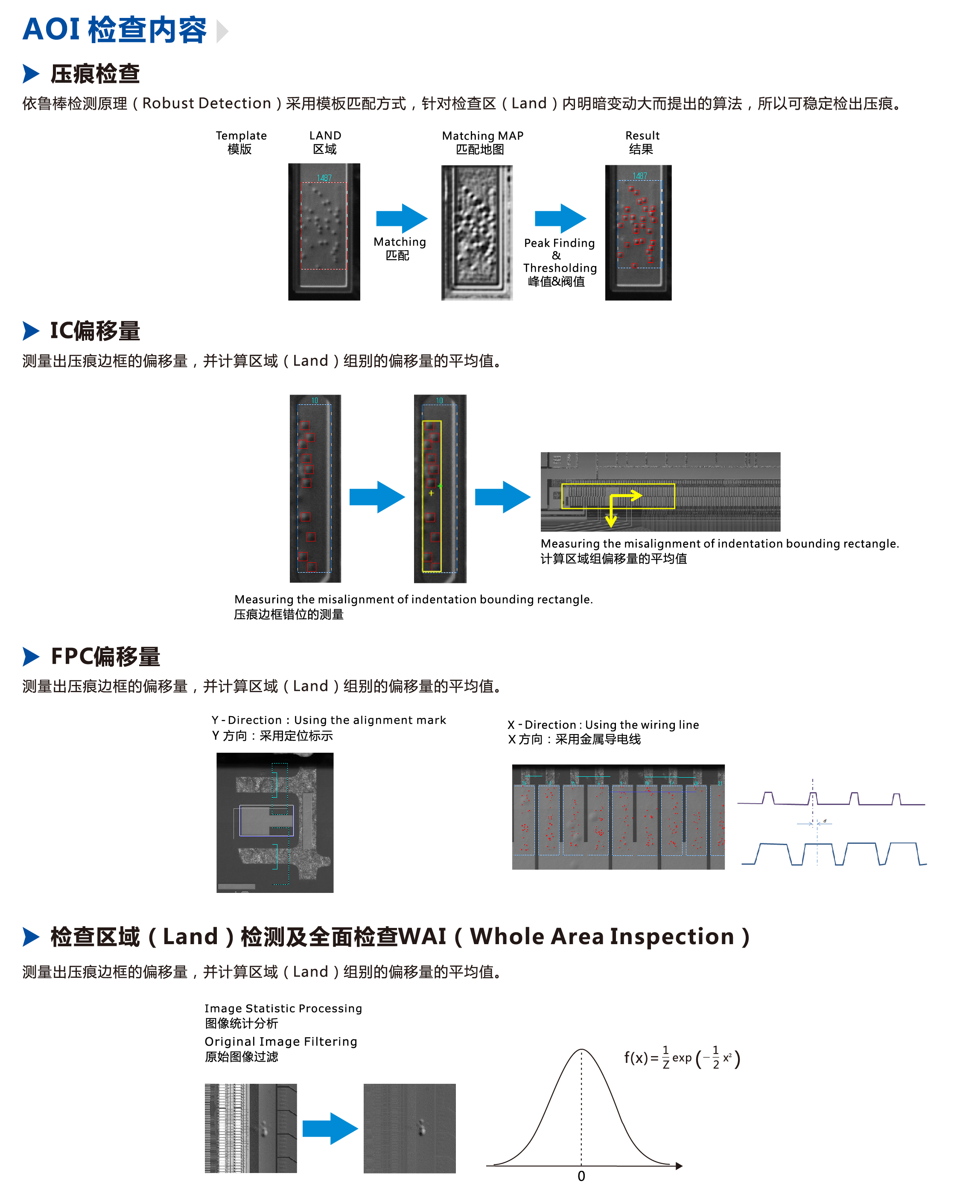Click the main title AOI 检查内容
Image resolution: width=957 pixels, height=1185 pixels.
point(115,30)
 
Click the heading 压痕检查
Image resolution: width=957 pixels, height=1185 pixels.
point(95,74)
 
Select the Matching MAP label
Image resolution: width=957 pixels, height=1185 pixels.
point(482,136)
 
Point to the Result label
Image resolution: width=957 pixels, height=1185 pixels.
point(642,136)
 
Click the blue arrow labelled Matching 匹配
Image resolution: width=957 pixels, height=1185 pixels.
point(401,218)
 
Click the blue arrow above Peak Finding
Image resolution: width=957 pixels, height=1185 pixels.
point(560,218)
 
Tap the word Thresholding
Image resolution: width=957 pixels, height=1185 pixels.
point(560,268)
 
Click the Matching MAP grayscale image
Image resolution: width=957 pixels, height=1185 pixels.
point(477,233)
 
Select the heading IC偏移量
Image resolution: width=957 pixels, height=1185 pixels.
point(95,331)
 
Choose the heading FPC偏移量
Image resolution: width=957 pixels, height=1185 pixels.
point(105,656)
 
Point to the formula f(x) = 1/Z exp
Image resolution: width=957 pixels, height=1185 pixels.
point(681,1058)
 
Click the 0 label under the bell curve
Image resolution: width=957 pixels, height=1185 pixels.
point(581,1176)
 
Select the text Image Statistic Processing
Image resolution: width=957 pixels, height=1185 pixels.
point(283,1009)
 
